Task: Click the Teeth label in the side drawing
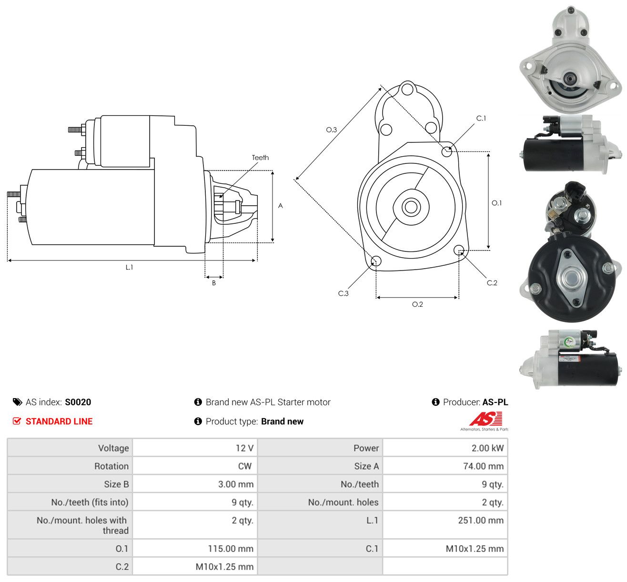coord(260,158)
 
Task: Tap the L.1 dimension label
coord(129,267)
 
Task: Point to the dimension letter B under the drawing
coord(214,283)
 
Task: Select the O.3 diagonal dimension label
coord(331,130)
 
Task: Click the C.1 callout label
coord(481,119)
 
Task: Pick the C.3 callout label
coord(343,293)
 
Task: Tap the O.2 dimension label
coord(417,304)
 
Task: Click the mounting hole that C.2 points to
coord(459,251)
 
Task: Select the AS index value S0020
coord(78,402)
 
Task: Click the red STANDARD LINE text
coord(59,421)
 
